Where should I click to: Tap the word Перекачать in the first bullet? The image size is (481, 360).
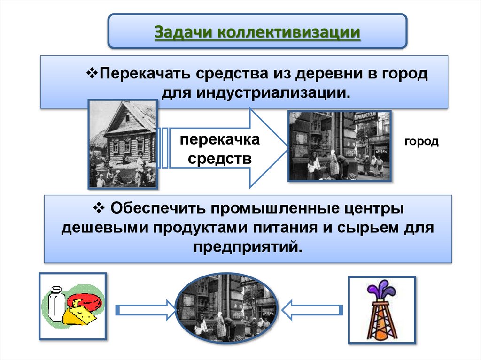(x=144, y=74)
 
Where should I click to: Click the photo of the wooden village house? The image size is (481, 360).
(x=123, y=143)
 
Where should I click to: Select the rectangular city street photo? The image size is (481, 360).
(x=339, y=146)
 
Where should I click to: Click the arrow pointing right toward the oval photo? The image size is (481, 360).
(x=144, y=310)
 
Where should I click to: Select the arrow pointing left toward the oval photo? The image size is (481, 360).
(x=311, y=310)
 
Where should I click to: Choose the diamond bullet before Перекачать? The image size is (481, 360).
(x=92, y=73)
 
